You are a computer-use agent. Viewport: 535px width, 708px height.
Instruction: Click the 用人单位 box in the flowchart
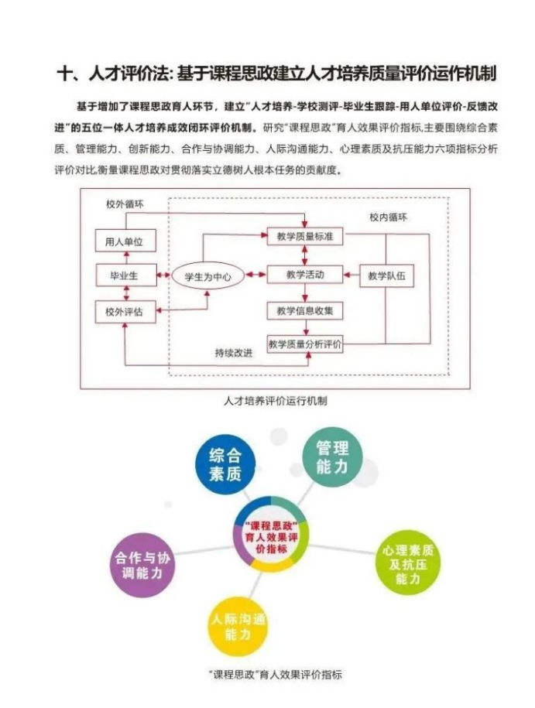(x=125, y=241)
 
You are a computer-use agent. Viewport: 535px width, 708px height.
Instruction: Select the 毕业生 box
(x=125, y=275)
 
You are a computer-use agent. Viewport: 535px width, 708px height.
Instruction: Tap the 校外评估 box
(x=125, y=312)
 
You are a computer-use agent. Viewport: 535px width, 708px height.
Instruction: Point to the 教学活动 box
(x=305, y=275)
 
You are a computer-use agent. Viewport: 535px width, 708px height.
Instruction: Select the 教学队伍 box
(x=387, y=275)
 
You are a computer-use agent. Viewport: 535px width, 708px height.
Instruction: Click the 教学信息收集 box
(x=305, y=311)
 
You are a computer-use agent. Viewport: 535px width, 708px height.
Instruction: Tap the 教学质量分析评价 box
(x=305, y=344)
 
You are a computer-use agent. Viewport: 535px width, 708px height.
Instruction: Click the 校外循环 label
(x=125, y=204)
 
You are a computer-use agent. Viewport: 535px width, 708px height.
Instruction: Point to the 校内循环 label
(x=388, y=217)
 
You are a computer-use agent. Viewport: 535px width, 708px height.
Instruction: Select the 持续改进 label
(x=234, y=353)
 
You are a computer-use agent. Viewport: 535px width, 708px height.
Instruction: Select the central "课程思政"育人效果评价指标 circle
(x=270, y=535)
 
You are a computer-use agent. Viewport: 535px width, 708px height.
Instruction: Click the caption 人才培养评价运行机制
(x=275, y=401)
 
